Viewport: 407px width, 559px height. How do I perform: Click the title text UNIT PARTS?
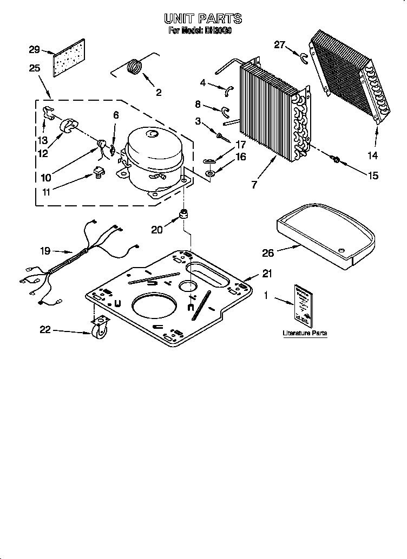coord(203,19)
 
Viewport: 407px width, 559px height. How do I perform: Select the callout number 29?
coord(34,50)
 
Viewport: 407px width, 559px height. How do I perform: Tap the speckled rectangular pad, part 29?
coord(70,58)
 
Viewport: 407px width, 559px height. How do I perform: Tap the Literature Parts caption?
coord(305,333)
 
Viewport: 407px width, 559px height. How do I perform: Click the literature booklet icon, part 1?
coord(303,304)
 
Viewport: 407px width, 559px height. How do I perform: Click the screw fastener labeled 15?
coord(336,159)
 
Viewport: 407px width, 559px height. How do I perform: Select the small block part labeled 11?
coord(99,173)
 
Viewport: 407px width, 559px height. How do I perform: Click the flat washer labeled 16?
coord(209,174)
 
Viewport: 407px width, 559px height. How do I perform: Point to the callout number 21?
coord(267,274)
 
